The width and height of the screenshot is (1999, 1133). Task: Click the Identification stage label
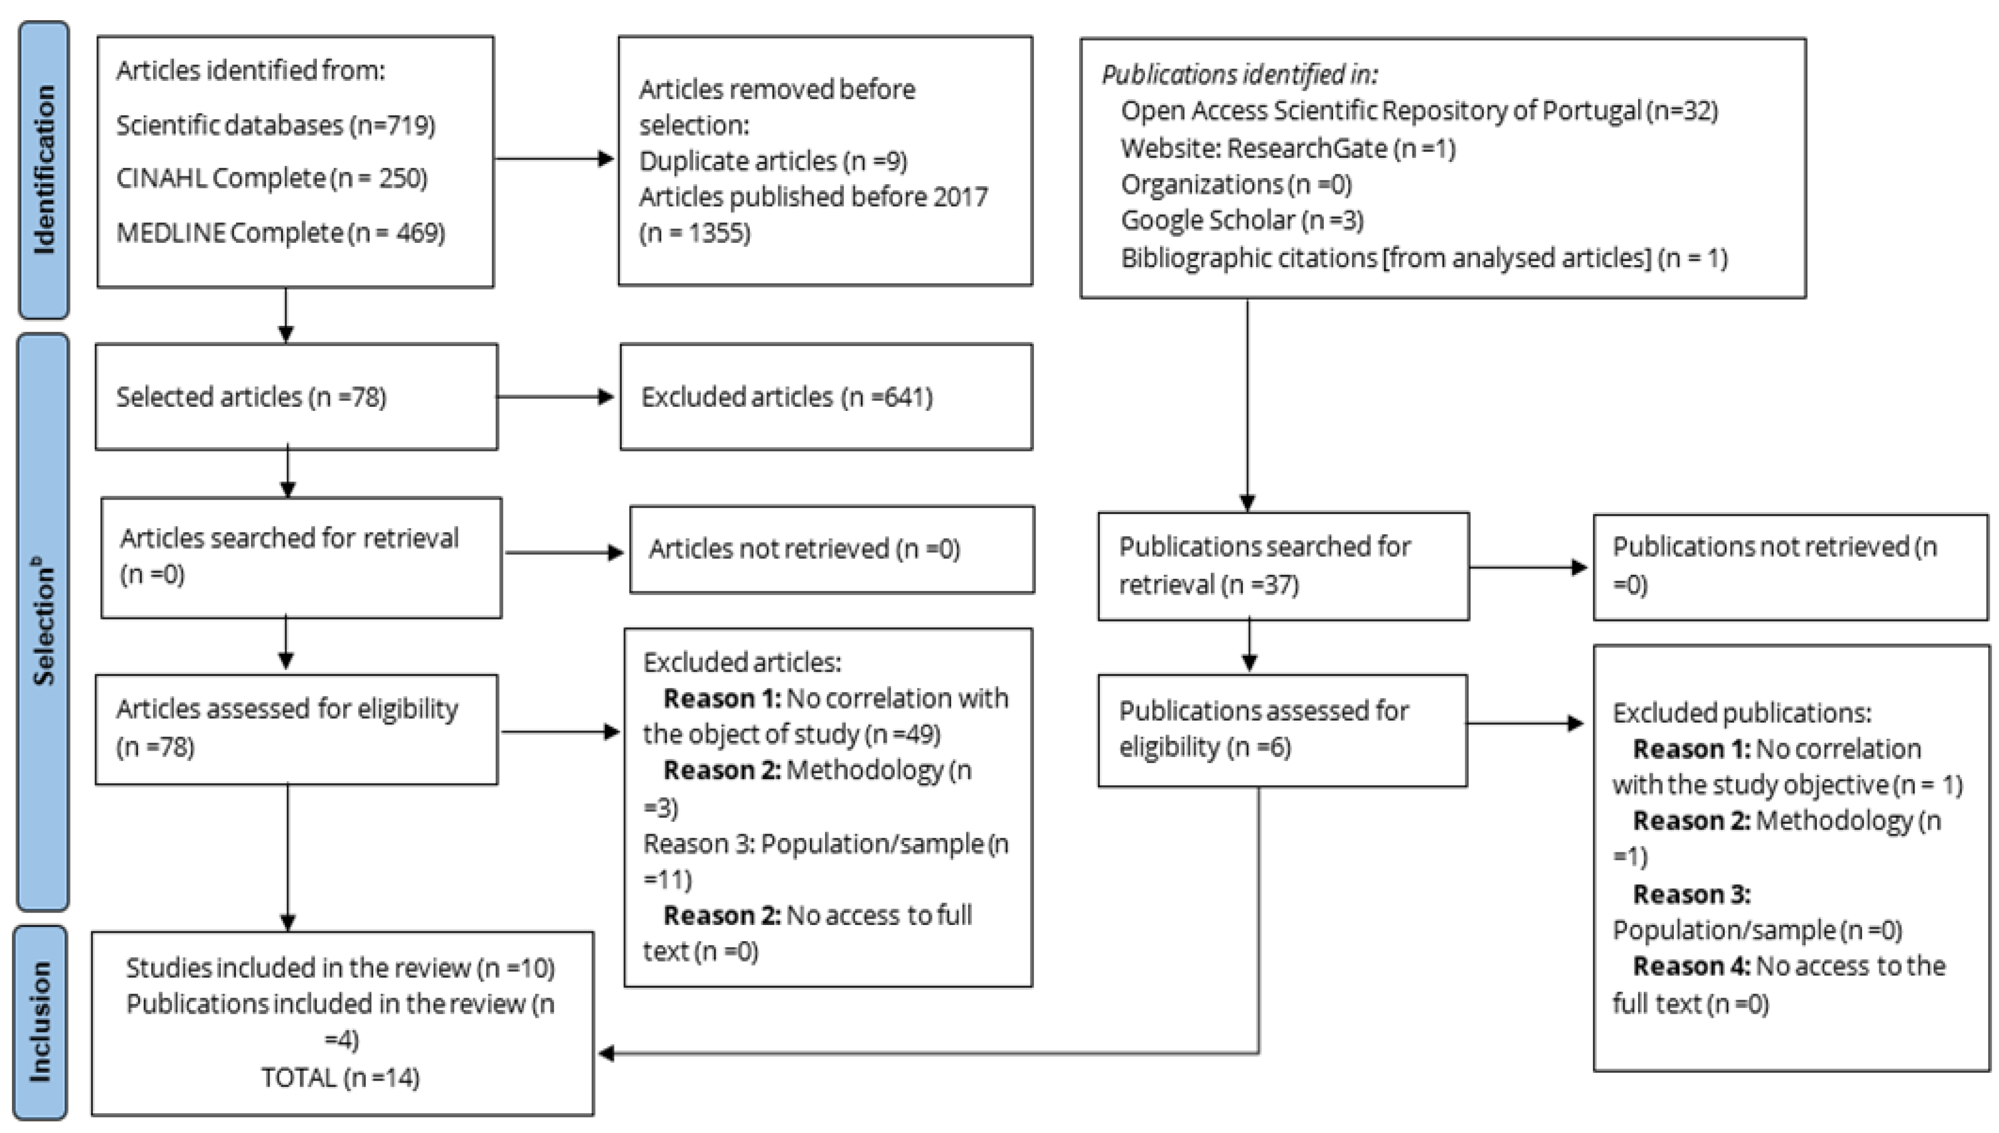pos(44,170)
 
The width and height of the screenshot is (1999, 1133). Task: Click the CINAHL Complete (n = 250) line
pos(272,178)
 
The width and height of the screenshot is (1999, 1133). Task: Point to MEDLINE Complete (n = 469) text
pos(280,232)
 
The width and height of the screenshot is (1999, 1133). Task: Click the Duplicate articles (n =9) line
pos(773,161)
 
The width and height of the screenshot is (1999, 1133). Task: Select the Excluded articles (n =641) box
pos(826,397)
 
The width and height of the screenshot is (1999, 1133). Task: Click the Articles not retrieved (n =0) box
pos(832,549)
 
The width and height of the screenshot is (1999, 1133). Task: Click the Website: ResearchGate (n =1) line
pos(1287,148)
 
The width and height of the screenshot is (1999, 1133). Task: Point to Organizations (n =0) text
pos(1236,185)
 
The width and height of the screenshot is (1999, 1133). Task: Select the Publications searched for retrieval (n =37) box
pos(1283,565)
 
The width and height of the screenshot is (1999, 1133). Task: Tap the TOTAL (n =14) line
pos(341,1078)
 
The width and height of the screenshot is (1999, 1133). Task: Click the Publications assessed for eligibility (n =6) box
pos(1282,730)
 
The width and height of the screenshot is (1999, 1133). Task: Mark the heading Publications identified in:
pos(1239,75)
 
